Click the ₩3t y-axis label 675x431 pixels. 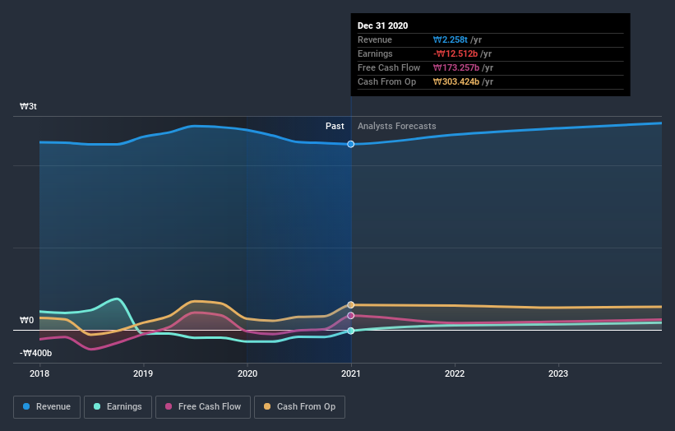(x=29, y=107)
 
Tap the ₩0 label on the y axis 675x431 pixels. (x=27, y=320)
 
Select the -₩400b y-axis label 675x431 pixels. (x=36, y=353)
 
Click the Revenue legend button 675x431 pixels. (x=48, y=406)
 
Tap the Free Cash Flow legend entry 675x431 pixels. (x=202, y=406)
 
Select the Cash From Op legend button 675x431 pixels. (x=300, y=406)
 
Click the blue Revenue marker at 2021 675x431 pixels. (x=351, y=144)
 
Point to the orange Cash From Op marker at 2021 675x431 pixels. (x=351, y=305)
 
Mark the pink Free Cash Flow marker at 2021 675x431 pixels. (x=351, y=315)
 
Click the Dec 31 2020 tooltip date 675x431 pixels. (x=382, y=26)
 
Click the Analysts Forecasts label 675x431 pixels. (x=396, y=126)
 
